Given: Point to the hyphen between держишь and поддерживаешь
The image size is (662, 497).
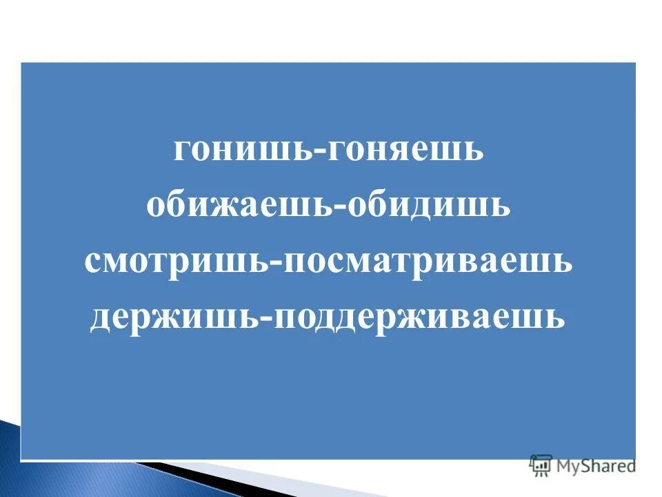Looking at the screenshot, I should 265,319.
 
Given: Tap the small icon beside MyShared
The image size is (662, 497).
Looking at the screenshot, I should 540,465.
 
